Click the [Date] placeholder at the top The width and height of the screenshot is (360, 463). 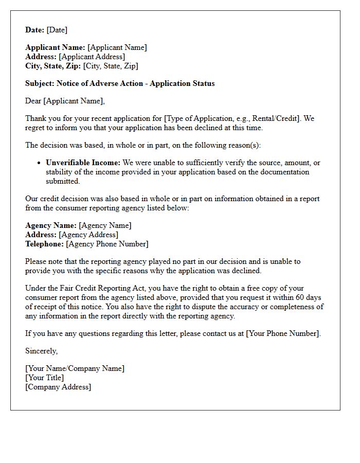[x=57, y=30]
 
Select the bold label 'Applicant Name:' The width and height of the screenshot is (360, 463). [x=56, y=47]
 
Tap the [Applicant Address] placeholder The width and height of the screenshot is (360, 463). [x=92, y=57]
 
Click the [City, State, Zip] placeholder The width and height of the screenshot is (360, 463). [x=111, y=66]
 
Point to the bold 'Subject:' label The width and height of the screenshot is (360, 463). [x=40, y=83]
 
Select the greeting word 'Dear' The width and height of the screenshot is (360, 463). [x=33, y=101]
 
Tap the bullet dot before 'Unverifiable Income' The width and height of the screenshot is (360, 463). [x=40, y=163]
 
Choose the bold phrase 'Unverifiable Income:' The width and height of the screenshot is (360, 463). [x=83, y=163]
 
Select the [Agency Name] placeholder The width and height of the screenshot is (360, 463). [x=105, y=225]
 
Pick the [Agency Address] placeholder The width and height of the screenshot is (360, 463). [x=88, y=235]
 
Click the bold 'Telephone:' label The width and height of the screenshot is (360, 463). [x=44, y=244]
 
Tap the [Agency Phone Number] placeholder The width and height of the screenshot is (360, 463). [x=107, y=244]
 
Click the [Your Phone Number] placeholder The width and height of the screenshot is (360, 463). [x=283, y=333]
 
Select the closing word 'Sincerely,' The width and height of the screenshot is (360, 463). [x=42, y=351]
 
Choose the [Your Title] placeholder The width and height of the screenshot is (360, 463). [x=45, y=378]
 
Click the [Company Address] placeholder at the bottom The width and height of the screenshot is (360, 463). [x=58, y=387]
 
